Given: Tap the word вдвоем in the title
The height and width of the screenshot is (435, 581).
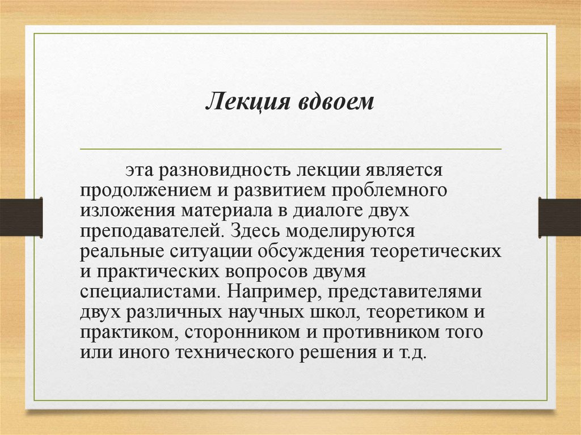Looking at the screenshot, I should pos(332,103).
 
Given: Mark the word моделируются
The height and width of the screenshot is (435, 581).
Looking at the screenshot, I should pos(352,231).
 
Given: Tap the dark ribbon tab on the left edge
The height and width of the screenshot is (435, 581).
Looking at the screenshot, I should pos(21,217).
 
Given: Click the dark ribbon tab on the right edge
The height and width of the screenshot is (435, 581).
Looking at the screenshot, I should pos(559,217).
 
